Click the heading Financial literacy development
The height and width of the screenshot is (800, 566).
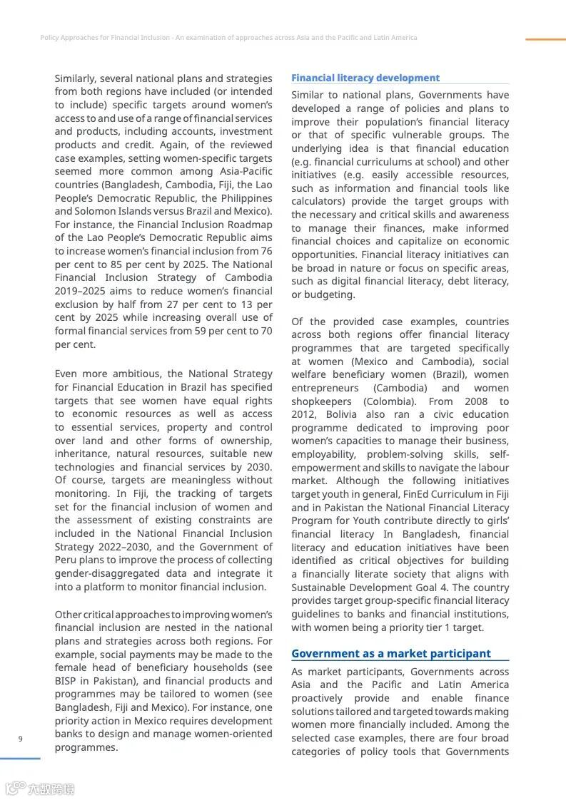pyautogui.click(x=365, y=78)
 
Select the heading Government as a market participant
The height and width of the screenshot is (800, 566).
pyautogui.click(x=390, y=653)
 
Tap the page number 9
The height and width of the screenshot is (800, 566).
pyautogui.click(x=20, y=739)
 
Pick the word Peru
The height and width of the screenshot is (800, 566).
pyautogui.click(x=67, y=560)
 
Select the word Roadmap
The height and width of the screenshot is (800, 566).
pyautogui.click(x=251, y=225)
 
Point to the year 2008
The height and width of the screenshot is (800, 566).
pyautogui.click(x=476, y=401)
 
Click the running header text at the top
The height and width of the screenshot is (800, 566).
pyautogui.click(x=228, y=38)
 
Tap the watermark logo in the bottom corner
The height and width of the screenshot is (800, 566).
pyautogui.click(x=40, y=789)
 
